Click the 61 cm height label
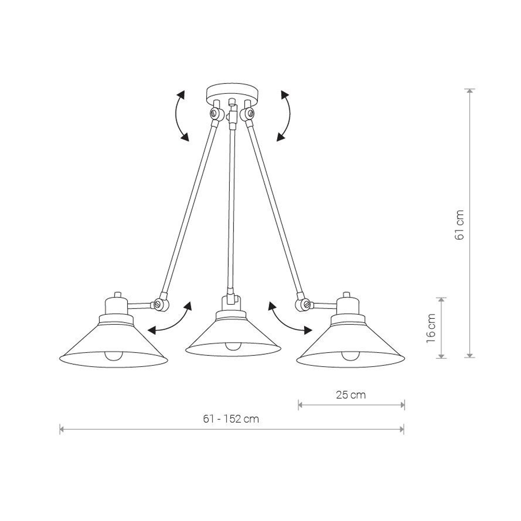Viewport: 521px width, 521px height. pos(460,225)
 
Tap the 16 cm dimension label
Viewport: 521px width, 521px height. pos(431,328)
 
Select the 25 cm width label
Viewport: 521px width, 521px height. pos(351,395)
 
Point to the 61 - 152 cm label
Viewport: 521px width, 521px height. pos(231,419)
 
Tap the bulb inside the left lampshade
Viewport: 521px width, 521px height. pos(114,356)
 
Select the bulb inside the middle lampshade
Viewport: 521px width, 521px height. pos(233,346)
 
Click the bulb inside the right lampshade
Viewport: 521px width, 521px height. pos(350,356)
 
